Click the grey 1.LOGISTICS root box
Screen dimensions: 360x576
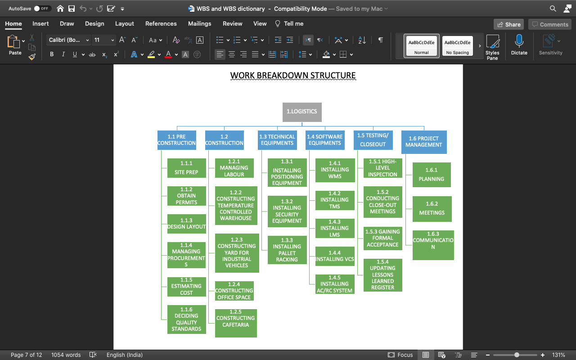point(302,112)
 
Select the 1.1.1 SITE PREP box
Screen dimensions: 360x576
point(186,168)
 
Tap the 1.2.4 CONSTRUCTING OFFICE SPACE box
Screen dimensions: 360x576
point(234,291)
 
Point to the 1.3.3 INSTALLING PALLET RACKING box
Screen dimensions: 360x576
point(287,250)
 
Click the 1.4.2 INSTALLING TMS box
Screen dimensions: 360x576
point(334,200)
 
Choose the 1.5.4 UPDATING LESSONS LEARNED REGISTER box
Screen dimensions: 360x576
point(382,275)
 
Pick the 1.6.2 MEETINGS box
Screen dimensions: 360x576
point(432,209)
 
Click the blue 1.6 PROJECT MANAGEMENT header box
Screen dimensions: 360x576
point(423,142)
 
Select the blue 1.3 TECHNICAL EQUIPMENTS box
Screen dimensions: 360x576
point(277,140)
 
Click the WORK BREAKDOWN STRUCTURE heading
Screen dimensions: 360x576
point(293,76)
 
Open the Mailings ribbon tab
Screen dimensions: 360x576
point(199,24)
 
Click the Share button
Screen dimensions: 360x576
point(508,24)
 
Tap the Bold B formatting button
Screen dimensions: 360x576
point(52,54)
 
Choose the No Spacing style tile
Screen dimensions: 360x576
point(457,46)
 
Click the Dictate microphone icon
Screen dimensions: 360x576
point(519,42)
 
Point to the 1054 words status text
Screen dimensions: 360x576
point(66,355)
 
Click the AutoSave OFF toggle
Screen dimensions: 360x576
point(42,9)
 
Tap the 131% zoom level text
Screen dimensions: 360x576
point(558,355)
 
